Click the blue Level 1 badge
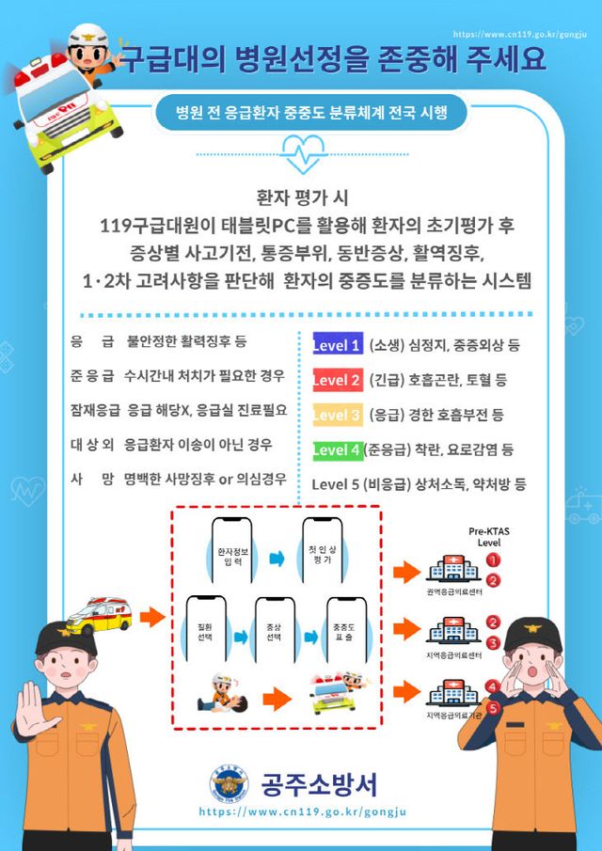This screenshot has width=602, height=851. click(x=337, y=345)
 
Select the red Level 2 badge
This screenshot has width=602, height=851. click(x=337, y=380)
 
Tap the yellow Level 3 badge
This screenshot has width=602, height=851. click(x=337, y=414)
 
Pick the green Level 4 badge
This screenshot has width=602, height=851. click(x=337, y=449)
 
